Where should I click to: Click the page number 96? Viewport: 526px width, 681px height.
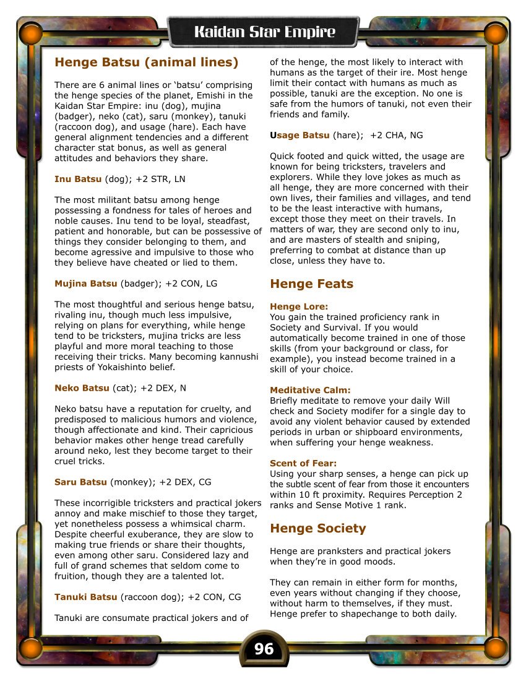click(264, 648)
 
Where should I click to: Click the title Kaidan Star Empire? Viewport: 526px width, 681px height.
click(264, 32)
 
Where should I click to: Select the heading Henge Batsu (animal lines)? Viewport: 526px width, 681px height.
click(146, 62)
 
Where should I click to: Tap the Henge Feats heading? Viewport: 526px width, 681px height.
click(311, 284)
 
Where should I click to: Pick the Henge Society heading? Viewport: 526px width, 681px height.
click(317, 528)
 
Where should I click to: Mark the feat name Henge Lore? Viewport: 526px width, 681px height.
click(299, 306)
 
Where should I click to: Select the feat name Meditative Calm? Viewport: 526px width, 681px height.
click(310, 390)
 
